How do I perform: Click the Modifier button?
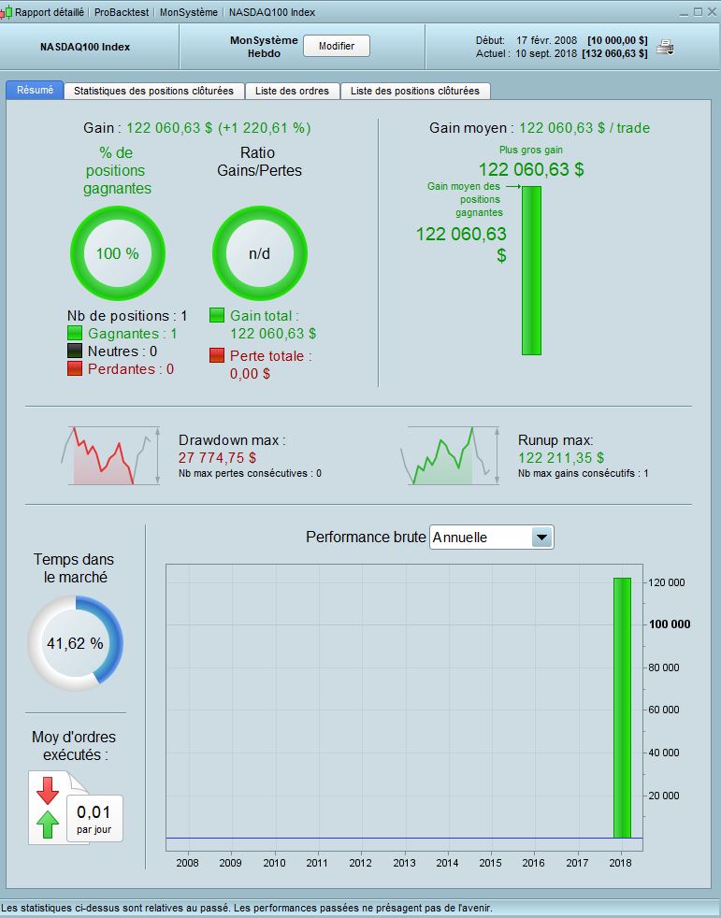click(337, 46)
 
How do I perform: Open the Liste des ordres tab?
click(292, 91)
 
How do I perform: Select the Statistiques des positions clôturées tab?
click(153, 91)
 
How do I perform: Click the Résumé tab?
click(36, 91)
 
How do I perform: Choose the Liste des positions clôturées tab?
click(414, 91)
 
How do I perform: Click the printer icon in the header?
click(665, 47)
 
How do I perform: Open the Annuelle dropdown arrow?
click(541, 538)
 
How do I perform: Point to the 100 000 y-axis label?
click(670, 624)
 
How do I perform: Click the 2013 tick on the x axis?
click(404, 863)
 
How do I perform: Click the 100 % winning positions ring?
click(118, 253)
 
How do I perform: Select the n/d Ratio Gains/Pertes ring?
click(258, 253)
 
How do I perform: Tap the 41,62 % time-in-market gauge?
click(75, 643)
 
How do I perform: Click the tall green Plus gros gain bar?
click(531, 270)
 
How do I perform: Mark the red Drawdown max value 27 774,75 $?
click(217, 458)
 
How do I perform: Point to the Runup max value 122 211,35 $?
click(561, 458)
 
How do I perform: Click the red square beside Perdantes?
click(76, 369)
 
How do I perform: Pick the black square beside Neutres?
click(76, 351)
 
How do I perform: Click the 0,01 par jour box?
click(94, 818)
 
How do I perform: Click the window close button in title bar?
click(711, 12)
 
